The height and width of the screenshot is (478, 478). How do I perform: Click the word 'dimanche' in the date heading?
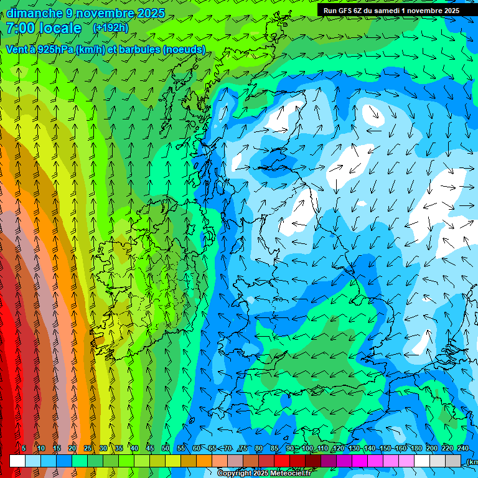[x=34, y=13]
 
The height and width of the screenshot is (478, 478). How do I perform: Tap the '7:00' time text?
[x=21, y=29]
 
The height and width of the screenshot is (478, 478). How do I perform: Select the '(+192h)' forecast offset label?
[x=110, y=27]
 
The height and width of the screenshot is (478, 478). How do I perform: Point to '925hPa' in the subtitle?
[x=54, y=50]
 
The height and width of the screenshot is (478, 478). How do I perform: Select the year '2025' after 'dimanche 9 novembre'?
[x=149, y=13]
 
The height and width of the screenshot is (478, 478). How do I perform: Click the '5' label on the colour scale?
[x=24, y=448]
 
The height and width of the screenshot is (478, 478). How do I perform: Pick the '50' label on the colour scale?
[x=166, y=448]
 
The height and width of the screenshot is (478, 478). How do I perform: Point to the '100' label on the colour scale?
[x=307, y=448]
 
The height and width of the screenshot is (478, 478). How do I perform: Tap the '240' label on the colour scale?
[x=463, y=448]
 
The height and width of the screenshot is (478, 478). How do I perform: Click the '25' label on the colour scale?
[x=88, y=448]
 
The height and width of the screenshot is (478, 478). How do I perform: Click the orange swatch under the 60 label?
[x=204, y=461]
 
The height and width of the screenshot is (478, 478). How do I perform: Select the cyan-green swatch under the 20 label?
[x=80, y=461]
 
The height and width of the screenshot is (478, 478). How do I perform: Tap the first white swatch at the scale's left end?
[x=17, y=461]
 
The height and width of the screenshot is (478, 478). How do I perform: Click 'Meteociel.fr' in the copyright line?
[x=290, y=474]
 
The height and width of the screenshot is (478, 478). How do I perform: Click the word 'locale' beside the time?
[x=60, y=29]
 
